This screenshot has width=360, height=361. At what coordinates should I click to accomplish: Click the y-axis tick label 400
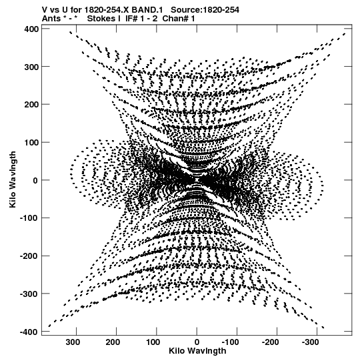click(x=31, y=29)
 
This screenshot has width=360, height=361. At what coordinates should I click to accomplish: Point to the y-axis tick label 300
click(x=31, y=67)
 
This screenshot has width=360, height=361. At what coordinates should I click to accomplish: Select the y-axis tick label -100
click(x=29, y=218)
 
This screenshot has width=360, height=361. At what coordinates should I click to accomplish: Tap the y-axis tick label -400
click(x=29, y=332)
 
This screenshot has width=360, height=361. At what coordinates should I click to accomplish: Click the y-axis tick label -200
click(x=29, y=256)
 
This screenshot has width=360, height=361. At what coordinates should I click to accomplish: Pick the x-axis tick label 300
click(x=73, y=342)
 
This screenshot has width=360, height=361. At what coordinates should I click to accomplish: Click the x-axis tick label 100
click(x=153, y=342)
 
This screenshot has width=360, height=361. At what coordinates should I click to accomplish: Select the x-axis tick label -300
click(x=310, y=342)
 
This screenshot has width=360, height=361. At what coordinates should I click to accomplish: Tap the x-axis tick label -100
click(x=230, y=342)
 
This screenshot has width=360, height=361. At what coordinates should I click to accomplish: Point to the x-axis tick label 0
click(x=197, y=342)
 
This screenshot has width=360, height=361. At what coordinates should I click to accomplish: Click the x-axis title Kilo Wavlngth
click(x=197, y=351)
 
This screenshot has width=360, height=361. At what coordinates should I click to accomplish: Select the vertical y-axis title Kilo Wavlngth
click(x=13, y=179)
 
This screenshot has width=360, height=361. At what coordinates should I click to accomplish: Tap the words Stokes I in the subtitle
click(x=103, y=19)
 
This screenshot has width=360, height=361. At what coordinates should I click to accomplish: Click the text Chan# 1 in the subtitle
click(x=179, y=19)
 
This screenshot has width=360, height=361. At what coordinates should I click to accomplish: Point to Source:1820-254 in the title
click(x=205, y=10)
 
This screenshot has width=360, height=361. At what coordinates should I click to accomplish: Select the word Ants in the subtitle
click(x=51, y=19)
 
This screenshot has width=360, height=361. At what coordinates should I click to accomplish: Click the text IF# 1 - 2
click(x=141, y=19)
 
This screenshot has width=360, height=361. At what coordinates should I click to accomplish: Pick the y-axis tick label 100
click(x=31, y=143)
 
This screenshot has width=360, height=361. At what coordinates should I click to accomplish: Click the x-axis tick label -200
click(x=270, y=342)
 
